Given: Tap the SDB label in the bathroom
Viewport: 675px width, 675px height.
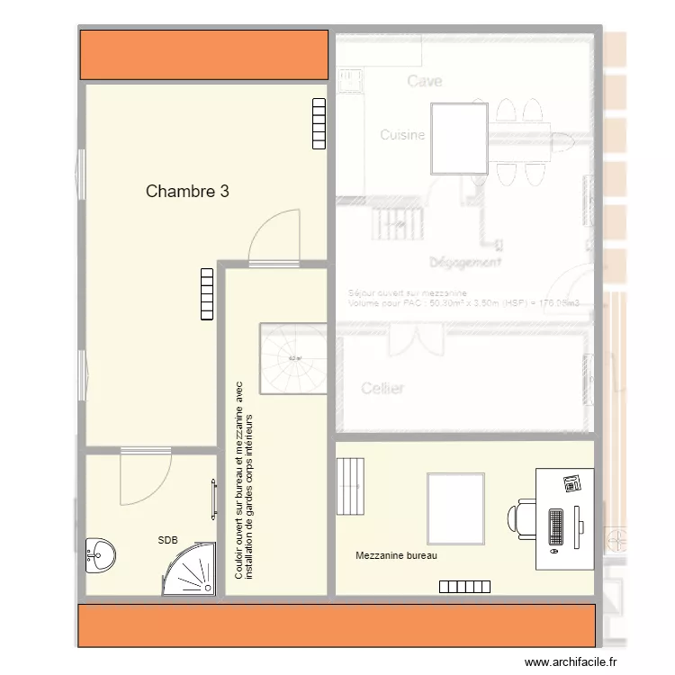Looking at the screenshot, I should pyautogui.click(x=167, y=540).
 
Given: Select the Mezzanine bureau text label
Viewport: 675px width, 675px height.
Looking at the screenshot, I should pyautogui.click(x=396, y=556).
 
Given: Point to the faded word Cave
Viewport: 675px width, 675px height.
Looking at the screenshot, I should pyautogui.click(x=425, y=81).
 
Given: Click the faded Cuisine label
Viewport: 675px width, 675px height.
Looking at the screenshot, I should pyautogui.click(x=402, y=135).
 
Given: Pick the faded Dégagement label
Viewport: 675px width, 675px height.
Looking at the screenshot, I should pyautogui.click(x=464, y=263).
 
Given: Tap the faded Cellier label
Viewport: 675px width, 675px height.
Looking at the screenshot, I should pyautogui.click(x=382, y=389).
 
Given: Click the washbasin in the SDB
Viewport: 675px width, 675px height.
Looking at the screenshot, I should pyautogui.click(x=99, y=554).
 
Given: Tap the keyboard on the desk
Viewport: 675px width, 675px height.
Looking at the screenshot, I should pyautogui.click(x=556, y=527).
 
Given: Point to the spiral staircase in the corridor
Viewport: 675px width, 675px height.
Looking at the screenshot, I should pyautogui.click(x=292, y=358).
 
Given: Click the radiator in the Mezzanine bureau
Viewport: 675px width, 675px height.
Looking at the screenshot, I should pyautogui.click(x=464, y=587).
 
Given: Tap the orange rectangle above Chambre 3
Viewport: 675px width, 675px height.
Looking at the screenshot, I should pyautogui.click(x=203, y=55).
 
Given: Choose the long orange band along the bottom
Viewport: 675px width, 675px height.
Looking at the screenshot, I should pyautogui.click(x=337, y=625).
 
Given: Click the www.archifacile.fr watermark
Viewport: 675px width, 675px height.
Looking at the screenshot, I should pyautogui.click(x=571, y=662).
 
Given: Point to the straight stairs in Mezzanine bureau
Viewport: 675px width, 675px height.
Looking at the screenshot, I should pyautogui.click(x=351, y=487).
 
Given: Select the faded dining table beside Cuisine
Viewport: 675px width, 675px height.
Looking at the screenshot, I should pyautogui.click(x=460, y=139).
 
